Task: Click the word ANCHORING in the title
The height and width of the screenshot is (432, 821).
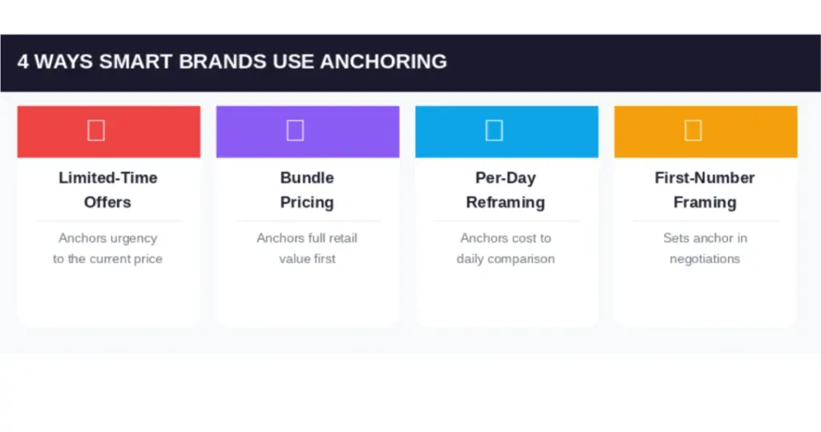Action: click(x=383, y=62)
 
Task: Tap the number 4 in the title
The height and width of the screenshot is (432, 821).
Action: click(x=23, y=62)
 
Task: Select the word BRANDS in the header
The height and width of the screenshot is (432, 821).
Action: click(x=223, y=62)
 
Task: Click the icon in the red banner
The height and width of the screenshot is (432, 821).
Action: click(x=96, y=131)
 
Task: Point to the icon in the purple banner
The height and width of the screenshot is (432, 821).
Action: click(x=295, y=131)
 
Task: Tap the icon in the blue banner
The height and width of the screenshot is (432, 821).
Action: click(x=494, y=131)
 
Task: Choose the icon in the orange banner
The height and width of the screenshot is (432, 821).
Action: click(x=694, y=131)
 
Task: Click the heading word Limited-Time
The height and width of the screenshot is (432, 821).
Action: click(x=108, y=177)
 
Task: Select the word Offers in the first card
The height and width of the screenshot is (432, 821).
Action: click(x=107, y=202)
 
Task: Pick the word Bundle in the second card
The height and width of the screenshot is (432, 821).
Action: click(x=307, y=177)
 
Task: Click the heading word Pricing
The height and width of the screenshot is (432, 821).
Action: click(x=307, y=203)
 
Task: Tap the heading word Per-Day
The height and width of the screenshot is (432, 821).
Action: click(x=505, y=178)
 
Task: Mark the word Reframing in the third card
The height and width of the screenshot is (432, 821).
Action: click(x=505, y=203)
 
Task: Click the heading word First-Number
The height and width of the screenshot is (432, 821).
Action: click(x=705, y=177)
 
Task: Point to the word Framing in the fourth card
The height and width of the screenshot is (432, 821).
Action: click(x=705, y=203)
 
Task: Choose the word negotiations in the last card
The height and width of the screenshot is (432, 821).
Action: click(x=705, y=259)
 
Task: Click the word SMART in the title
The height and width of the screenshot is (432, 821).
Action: click(x=135, y=62)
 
